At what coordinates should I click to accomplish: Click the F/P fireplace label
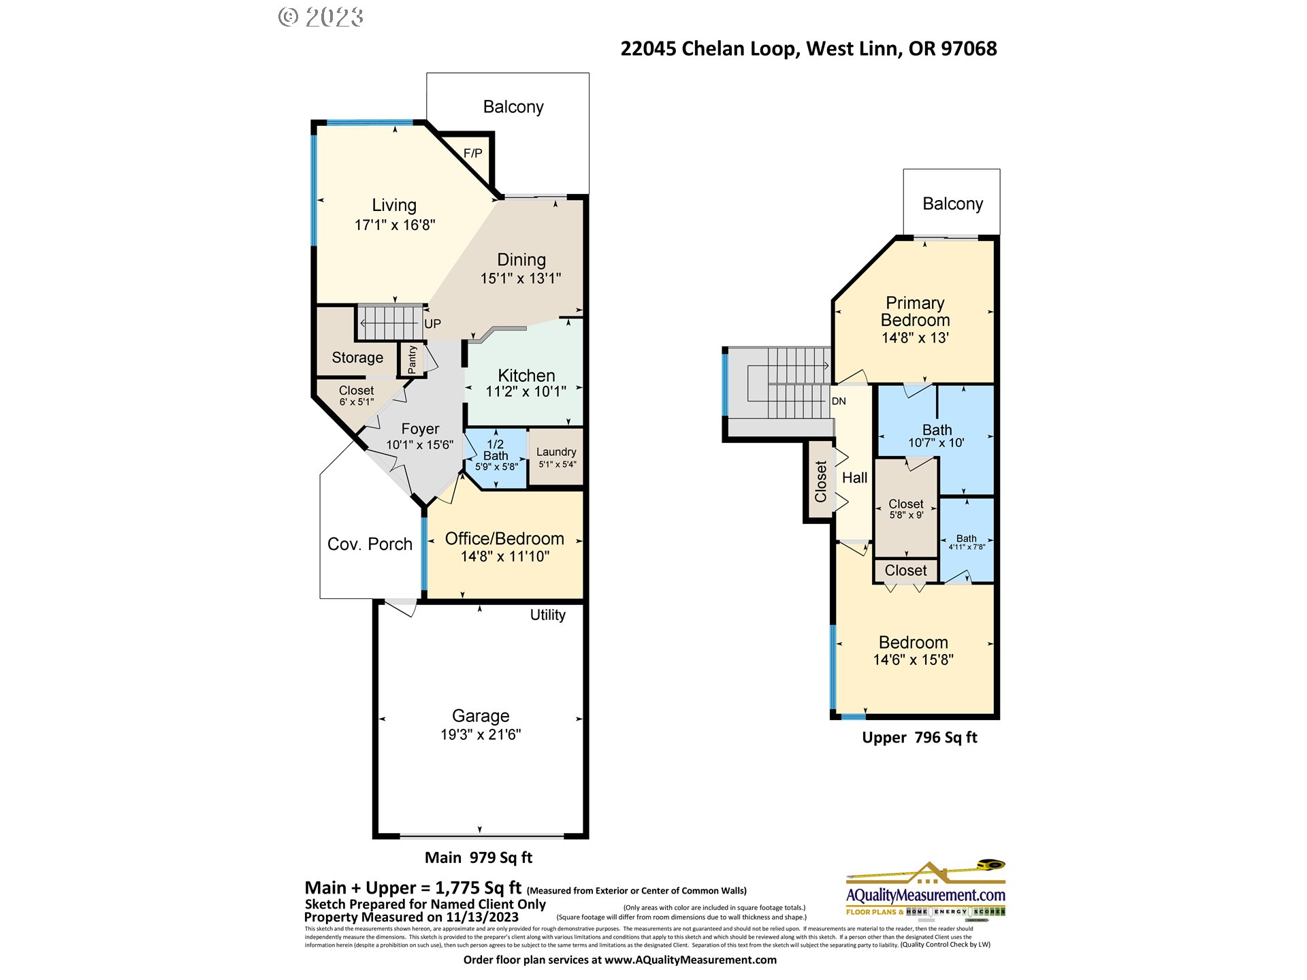click(x=472, y=153)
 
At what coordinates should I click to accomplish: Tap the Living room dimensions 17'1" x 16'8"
click(x=394, y=225)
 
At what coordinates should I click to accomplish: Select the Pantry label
click(x=412, y=359)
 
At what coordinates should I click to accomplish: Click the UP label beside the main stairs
click(x=432, y=324)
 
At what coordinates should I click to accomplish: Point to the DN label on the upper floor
click(x=839, y=401)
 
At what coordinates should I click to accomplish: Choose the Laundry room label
click(x=556, y=452)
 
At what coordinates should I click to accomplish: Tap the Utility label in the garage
click(x=547, y=615)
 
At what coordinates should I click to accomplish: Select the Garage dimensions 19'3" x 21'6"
click(x=481, y=734)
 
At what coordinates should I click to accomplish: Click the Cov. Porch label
click(x=370, y=544)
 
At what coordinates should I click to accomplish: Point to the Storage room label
click(x=357, y=357)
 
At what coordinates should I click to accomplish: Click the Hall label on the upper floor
click(x=854, y=478)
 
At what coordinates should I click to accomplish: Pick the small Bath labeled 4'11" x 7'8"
click(x=966, y=542)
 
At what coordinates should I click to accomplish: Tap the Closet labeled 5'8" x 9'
click(x=906, y=508)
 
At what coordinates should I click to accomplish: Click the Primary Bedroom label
click(x=915, y=312)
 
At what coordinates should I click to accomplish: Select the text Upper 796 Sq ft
click(x=919, y=738)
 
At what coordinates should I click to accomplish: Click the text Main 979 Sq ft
click(x=478, y=857)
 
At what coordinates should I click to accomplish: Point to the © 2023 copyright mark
click(x=321, y=17)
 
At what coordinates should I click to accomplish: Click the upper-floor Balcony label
click(x=952, y=203)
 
